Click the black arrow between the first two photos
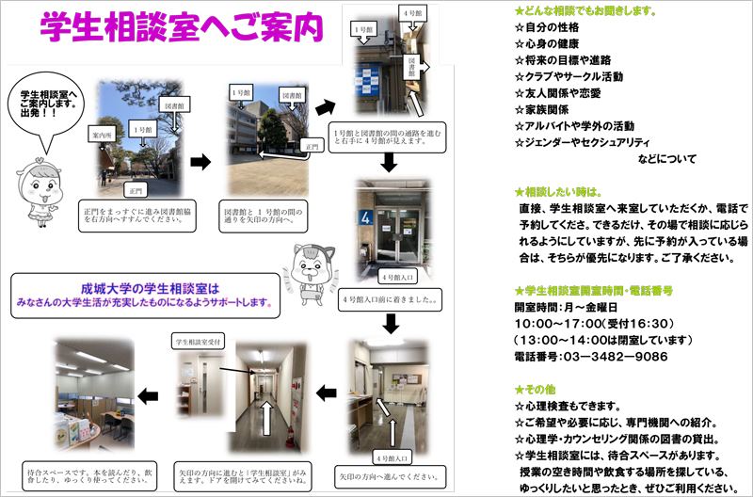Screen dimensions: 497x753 coord(200,162)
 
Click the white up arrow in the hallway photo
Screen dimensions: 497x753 coord(266,415)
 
